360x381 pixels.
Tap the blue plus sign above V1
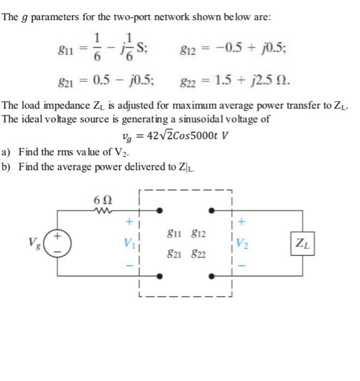tap(130, 222)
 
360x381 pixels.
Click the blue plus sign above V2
tap(241, 222)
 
